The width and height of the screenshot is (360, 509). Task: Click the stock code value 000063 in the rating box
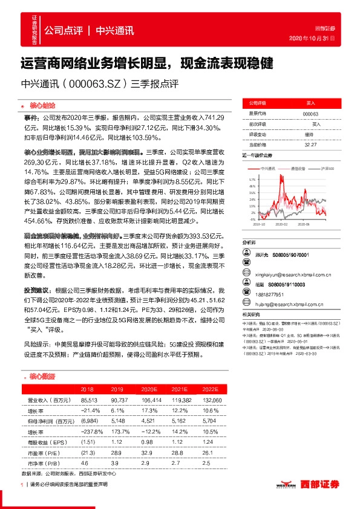coord(310,113)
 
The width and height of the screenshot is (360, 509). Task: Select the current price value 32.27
coord(310,144)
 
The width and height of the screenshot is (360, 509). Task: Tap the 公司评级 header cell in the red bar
coord(255,103)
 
